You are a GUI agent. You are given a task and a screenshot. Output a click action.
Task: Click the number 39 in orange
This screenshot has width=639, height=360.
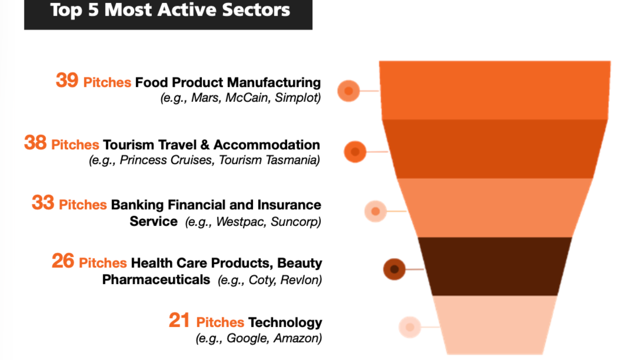tap(67, 80)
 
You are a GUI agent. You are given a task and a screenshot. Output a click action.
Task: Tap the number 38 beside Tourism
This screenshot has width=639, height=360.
tap(35, 143)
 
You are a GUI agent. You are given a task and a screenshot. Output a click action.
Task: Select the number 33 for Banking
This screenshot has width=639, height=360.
tap(43, 203)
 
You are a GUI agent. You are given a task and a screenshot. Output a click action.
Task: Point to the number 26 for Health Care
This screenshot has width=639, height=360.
tap(63, 261)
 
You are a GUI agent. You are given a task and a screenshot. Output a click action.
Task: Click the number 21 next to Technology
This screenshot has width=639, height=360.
tap(179, 320)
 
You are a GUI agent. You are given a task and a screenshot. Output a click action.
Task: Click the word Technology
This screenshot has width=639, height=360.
tap(285, 322)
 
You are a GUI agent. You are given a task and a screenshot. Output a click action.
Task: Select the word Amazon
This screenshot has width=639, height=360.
tap(297, 338)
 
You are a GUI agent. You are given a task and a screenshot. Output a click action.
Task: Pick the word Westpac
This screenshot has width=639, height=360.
tap(241, 221)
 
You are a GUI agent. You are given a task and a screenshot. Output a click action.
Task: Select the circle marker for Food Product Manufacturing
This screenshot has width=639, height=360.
tap(349, 91)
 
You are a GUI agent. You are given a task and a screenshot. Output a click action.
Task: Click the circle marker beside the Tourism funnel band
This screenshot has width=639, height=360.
tap(355, 152)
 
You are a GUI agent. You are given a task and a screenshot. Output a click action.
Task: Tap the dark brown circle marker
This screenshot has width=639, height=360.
tap(394, 269)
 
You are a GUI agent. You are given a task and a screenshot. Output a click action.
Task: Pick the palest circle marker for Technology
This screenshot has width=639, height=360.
tap(410, 327)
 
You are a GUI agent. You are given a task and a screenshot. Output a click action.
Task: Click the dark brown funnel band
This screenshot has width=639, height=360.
tap(495, 266)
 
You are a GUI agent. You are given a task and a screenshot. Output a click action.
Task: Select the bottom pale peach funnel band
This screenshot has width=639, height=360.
tap(495, 325)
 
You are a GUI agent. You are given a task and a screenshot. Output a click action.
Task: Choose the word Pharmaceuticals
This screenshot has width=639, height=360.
tap(156, 280)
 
